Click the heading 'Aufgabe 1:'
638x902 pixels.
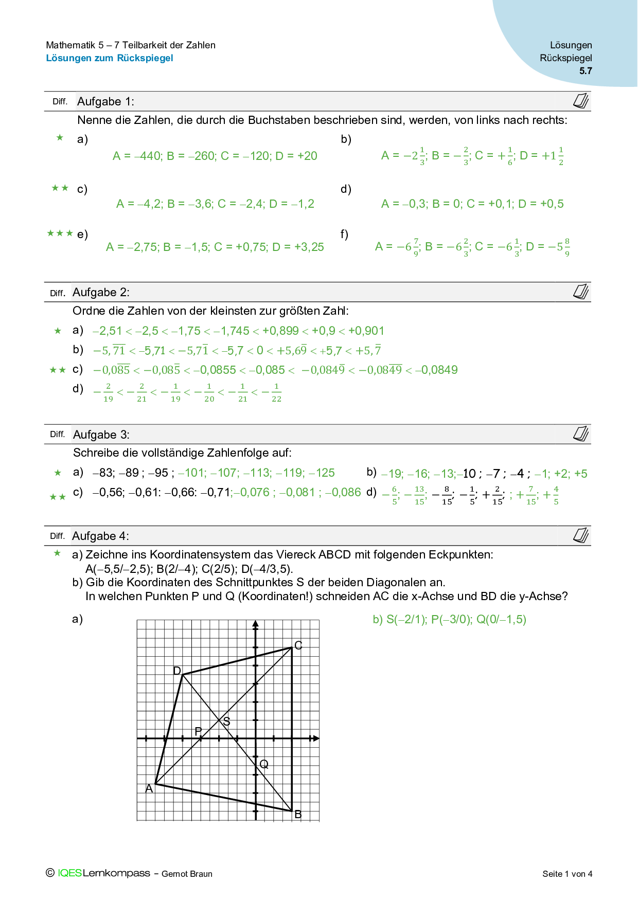coord(105,102)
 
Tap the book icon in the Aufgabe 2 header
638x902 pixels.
coord(581,292)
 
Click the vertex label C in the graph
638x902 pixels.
coord(298,645)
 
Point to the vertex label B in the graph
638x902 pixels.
coord(298,815)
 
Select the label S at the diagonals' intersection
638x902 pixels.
coord(226,721)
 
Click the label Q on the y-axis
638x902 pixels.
coord(264,764)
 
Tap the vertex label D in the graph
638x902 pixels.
coord(177,671)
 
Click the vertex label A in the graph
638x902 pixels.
coord(149,788)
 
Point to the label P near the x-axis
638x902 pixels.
coord(198,731)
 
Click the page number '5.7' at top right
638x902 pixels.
coord(586,71)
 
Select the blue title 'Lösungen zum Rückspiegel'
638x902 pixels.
coord(110,58)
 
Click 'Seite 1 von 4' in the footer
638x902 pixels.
coord(567,874)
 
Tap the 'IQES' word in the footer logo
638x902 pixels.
coord(69,873)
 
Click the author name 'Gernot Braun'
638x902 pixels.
coord(187,874)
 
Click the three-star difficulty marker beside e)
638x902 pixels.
coord(60,233)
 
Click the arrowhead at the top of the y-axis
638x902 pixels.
coord(256,624)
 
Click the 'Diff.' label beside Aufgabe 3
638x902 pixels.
coord(57,434)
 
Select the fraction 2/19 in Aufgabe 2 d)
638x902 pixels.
coord(108,392)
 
